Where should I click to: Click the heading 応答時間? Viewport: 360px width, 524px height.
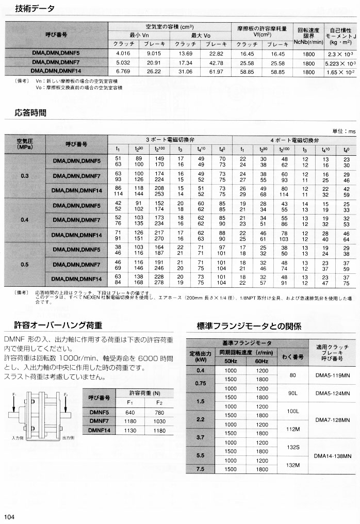point(30,112)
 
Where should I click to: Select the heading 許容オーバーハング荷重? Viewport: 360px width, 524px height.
point(57,325)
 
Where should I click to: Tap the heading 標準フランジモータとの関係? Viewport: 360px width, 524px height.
point(249,326)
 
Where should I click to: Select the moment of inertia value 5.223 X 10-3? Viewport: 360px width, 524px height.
point(340,63)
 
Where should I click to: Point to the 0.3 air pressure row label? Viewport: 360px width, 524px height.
point(25,176)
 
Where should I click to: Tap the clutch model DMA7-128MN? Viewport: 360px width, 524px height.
point(332,420)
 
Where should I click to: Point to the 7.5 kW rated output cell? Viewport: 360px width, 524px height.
point(201,469)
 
